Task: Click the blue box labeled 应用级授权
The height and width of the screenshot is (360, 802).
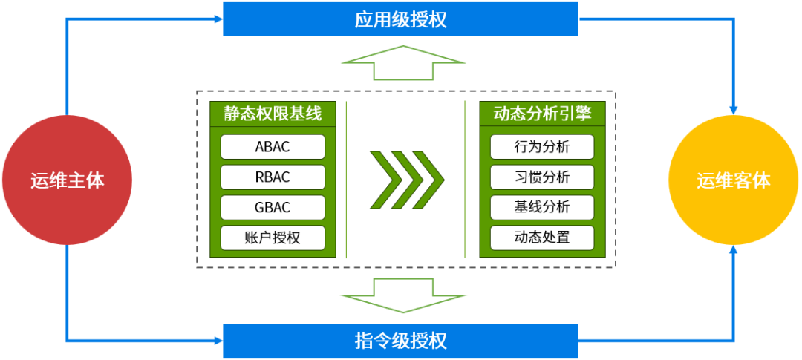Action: [400, 19]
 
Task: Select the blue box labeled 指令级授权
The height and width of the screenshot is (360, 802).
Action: [400, 341]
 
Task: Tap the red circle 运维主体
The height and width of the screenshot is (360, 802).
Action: [67, 180]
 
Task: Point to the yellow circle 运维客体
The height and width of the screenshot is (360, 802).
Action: [734, 180]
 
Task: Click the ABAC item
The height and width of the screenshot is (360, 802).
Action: [273, 146]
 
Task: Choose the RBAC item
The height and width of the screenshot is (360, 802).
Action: [273, 177]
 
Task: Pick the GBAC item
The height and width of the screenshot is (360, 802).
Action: [273, 207]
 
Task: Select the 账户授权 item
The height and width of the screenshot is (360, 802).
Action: [273, 238]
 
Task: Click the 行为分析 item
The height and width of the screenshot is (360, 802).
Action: [542, 146]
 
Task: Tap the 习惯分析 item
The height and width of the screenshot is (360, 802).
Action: [542, 177]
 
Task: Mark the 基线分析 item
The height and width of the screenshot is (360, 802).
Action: [542, 207]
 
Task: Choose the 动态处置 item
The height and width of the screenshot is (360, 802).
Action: [542, 238]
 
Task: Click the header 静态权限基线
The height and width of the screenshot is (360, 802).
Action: [273, 114]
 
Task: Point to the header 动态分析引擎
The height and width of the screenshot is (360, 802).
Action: [542, 114]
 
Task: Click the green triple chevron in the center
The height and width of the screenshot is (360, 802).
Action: [407, 180]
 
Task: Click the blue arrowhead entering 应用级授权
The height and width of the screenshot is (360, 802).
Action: [218, 19]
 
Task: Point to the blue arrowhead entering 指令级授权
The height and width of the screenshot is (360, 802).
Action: [218, 341]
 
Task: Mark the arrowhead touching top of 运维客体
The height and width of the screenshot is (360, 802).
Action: [734, 109]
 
